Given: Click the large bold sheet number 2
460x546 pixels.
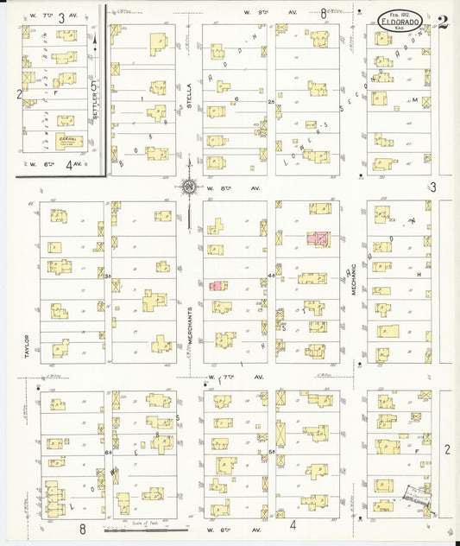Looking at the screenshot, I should [x=442, y=22].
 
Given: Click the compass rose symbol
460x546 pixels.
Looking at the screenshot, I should [x=188, y=186].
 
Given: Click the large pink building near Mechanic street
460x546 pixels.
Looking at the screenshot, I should [x=318, y=237].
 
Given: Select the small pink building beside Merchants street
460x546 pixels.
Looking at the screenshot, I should [x=216, y=285].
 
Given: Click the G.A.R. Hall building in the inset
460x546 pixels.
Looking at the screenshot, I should [x=66, y=140].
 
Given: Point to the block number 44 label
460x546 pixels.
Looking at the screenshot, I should [x=271, y=276].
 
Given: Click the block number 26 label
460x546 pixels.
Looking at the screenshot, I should [x=271, y=102].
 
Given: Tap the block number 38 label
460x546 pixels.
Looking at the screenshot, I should [x=107, y=277].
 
